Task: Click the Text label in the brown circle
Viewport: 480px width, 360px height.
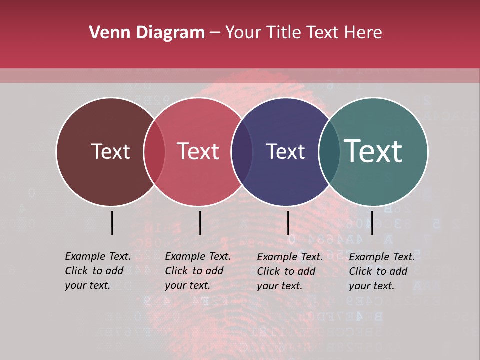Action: click(110, 151)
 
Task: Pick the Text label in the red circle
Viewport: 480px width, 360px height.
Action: click(198, 151)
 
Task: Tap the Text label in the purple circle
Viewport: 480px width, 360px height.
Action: click(285, 151)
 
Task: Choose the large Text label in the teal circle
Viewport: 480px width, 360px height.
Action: click(373, 151)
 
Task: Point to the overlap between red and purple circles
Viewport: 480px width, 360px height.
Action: click(242, 151)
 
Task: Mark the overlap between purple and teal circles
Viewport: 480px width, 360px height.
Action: click(329, 151)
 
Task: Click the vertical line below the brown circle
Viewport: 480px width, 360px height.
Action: click(112, 223)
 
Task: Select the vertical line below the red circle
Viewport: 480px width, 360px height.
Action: click(200, 223)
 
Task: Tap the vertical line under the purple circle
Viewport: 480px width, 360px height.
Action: click(288, 223)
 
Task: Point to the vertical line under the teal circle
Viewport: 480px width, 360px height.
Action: click(372, 223)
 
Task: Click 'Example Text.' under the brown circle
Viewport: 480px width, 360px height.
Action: click(98, 256)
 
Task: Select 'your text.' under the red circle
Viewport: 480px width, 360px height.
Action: click(187, 285)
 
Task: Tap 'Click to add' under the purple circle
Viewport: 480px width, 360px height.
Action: click(286, 271)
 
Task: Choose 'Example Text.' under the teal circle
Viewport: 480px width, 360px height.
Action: click(382, 257)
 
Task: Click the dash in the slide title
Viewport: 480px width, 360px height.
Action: click(215, 33)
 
